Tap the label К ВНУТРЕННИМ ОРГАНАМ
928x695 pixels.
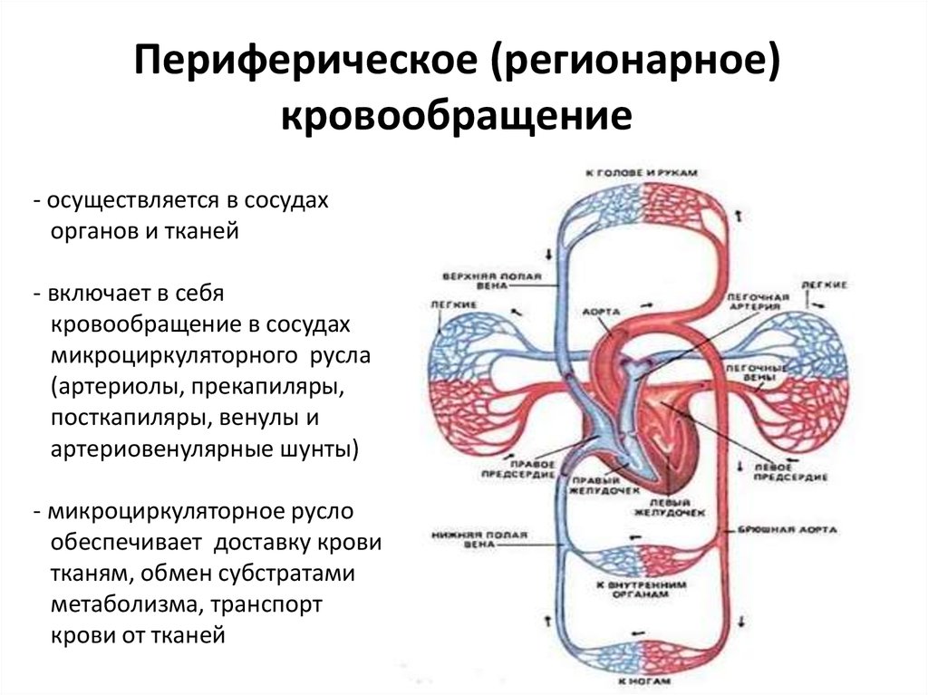coord(638,590)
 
